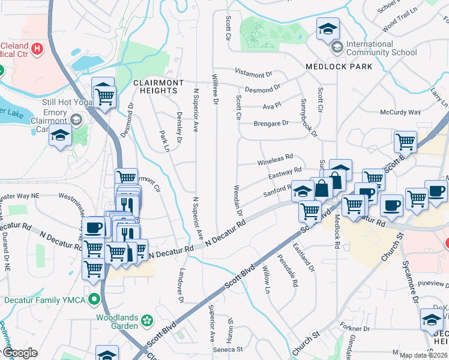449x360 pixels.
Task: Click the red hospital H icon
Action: click(x=37, y=48)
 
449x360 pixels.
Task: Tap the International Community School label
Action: click(x=381, y=48)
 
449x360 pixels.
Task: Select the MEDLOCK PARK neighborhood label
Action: click(x=339, y=67)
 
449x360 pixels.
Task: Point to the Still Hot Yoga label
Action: click(x=65, y=102)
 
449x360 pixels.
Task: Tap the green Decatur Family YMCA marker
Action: click(x=94, y=298)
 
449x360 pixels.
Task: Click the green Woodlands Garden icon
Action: click(x=146, y=322)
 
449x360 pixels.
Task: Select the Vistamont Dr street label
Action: click(x=253, y=74)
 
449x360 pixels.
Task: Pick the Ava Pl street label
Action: click(x=272, y=106)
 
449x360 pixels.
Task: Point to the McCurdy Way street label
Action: click(x=400, y=112)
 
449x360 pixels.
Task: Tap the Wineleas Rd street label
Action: click(x=274, y=160)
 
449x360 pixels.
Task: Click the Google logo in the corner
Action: click(x=20, y=353)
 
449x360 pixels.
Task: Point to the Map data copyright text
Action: click(x=423, y=355)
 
